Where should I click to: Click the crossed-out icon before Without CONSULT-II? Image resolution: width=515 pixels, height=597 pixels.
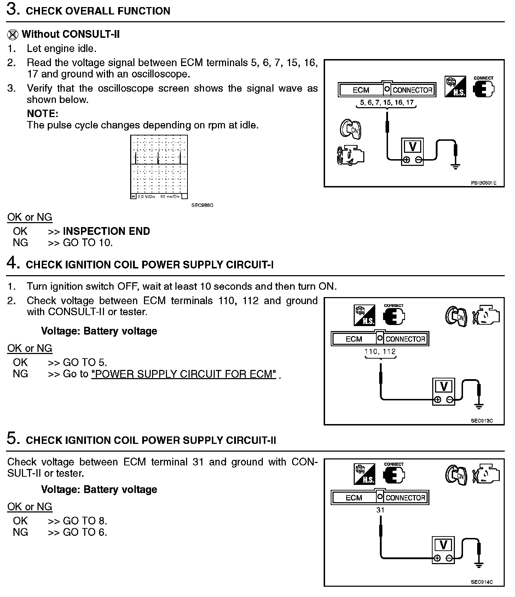coord(13,34)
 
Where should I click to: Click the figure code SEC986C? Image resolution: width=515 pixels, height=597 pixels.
coord(202,205)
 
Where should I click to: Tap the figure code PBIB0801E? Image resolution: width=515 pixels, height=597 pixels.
coord(484,183)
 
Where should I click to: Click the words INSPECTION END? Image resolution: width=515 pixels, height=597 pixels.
coord(106,231)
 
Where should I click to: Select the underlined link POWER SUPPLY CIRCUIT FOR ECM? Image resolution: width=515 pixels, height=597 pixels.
coord(184,374)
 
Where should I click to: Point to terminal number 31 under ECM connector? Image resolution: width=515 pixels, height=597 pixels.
coord(380,510)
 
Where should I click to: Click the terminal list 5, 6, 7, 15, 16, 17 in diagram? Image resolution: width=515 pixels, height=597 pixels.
coord(387,103)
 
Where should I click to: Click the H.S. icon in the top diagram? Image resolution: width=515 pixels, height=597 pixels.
coord(455,87)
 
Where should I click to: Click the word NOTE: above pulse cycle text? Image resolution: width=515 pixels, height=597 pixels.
coord(42,114)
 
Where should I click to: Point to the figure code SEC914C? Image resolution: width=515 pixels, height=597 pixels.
coord(482,582)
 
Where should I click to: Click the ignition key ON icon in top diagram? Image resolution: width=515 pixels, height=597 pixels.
coord(351,129)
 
